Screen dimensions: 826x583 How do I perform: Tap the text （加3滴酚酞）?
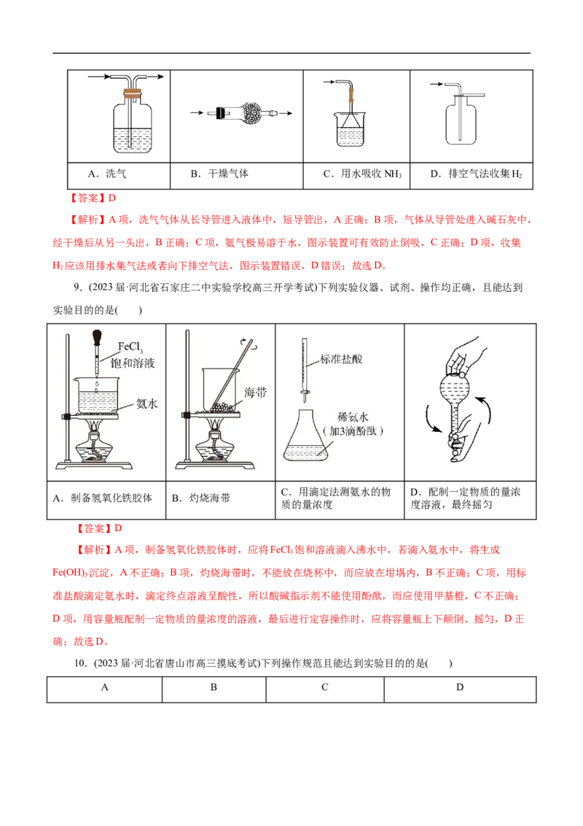[355, 431]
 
